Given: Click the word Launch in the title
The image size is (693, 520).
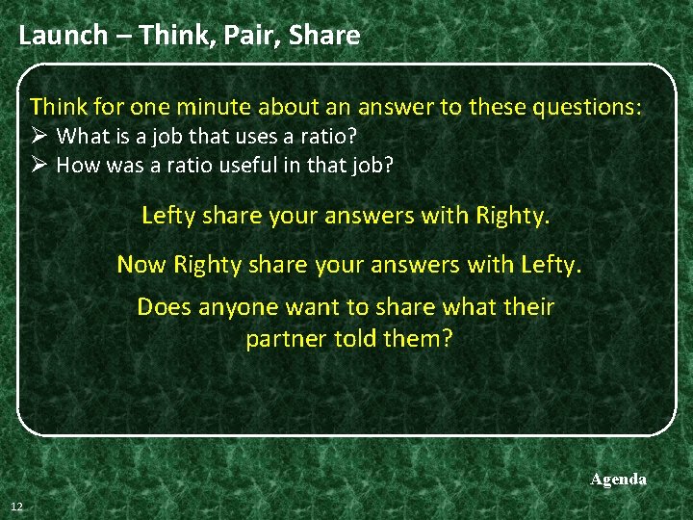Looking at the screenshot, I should click(63, 36).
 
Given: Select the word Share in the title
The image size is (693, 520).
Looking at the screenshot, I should click(324, 36).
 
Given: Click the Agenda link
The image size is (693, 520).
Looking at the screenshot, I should click(618, 479).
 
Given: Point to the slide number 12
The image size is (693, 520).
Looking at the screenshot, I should click(17, 507).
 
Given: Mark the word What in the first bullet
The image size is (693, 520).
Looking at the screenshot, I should click(81, 136).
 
